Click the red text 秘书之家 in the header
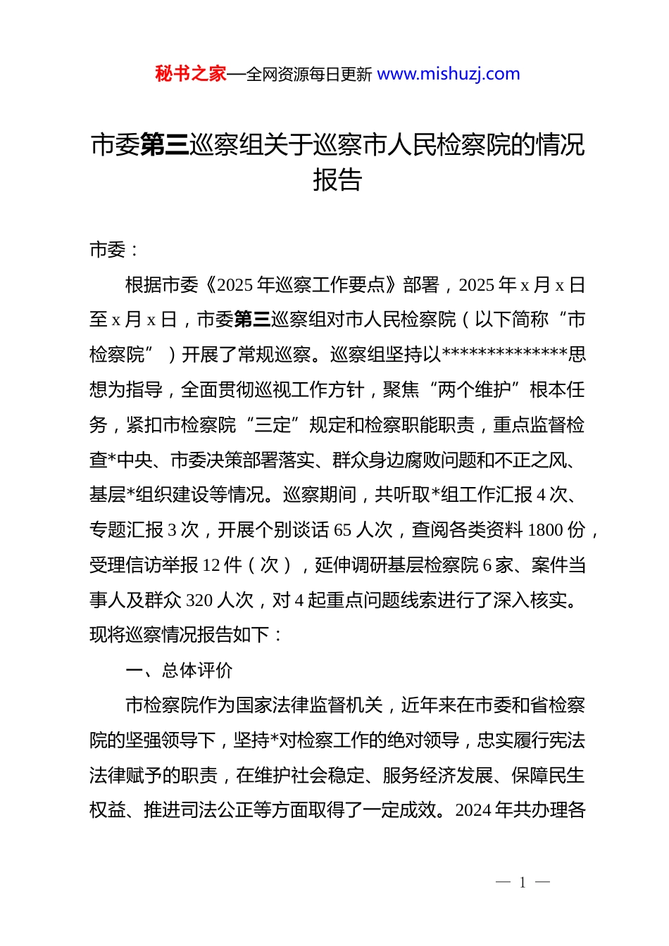tap(190, 74)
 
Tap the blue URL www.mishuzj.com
tap(449, 74)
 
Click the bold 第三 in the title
tap(165, 145)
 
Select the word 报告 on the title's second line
tap(337, 180)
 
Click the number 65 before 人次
tap(342, 530)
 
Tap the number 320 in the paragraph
tap(199, 600)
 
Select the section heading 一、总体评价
tap(179, 670)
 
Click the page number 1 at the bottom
tap(523, 883)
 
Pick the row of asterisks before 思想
tap(504, 354)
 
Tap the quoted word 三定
tap(273, 425)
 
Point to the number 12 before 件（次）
tap(212, 565)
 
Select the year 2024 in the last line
tap(473, 810)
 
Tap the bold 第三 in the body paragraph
tap(252, 320)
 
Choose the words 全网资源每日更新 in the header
tap(309, 75)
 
